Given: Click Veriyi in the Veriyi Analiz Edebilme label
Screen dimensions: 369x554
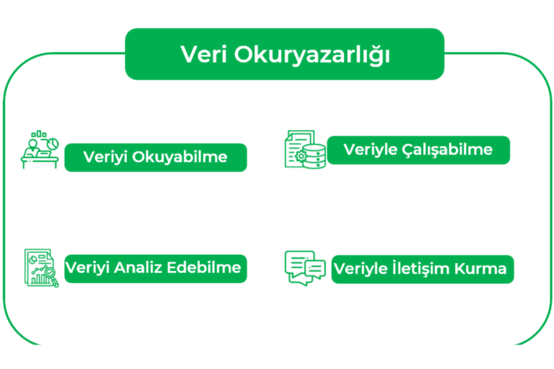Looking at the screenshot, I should click(x=87, y=268).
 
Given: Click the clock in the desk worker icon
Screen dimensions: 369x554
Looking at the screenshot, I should click(x=52, y=145).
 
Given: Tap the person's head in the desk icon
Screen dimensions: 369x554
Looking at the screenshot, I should click(x=32, y=140).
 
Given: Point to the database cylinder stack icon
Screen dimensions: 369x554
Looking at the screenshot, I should click(x=315, y=155).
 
